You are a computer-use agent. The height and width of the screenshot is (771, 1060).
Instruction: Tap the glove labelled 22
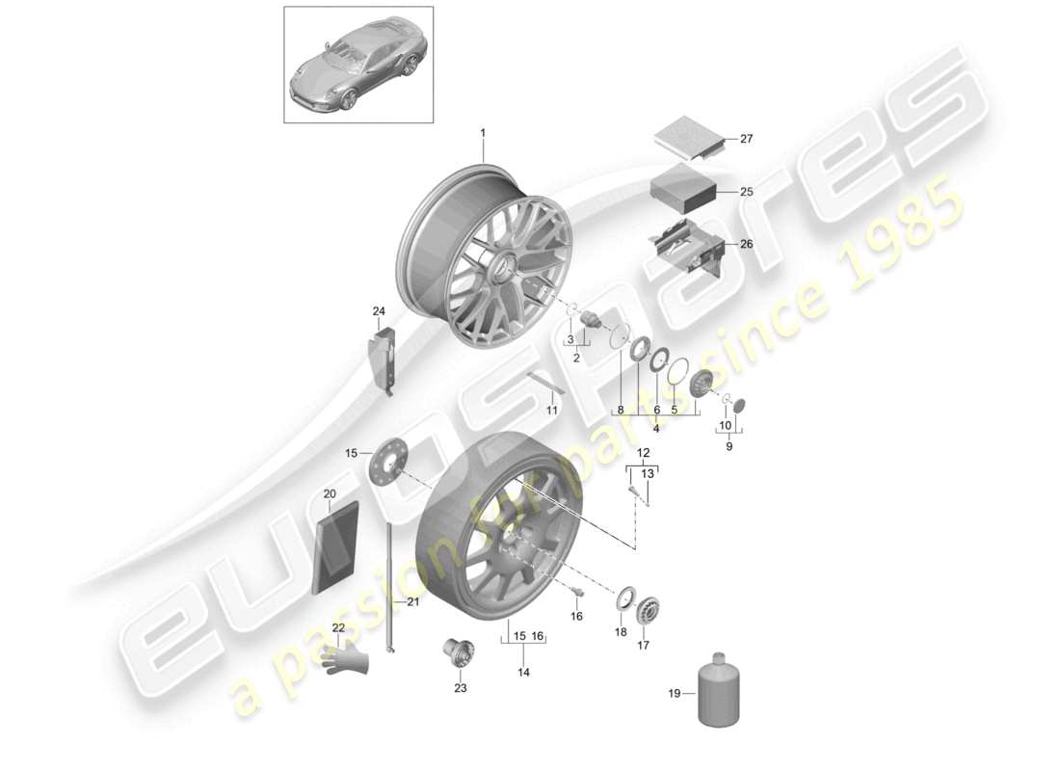pos(347,659)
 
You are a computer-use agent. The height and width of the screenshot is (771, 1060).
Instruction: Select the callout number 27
pos(746,139)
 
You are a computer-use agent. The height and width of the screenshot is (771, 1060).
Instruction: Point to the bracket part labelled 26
pos(687,246)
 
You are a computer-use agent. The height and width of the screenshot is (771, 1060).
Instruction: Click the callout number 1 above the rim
pos(484,132)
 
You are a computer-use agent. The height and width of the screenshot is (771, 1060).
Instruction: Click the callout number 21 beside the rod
pos(412,602)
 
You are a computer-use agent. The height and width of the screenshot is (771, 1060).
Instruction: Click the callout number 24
pos(379,310)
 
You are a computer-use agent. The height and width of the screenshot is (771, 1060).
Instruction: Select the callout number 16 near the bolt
pos(576,617)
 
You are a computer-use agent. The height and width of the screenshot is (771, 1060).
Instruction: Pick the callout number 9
pos(729,446)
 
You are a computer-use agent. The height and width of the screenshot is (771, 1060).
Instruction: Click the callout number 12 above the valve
pos(642,453)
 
